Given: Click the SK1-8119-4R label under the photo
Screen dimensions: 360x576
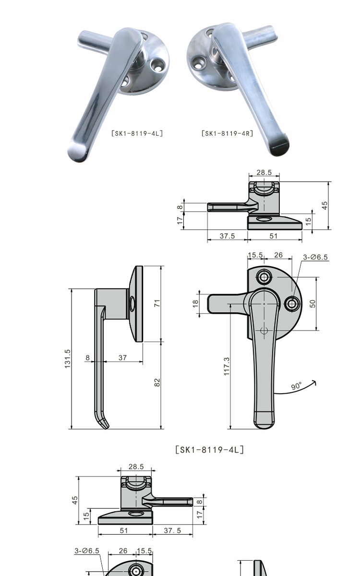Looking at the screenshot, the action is pos(227,133).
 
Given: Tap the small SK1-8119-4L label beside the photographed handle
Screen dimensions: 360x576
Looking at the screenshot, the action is pos(137,133).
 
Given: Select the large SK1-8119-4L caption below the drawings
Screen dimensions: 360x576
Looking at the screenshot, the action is pos(209,450).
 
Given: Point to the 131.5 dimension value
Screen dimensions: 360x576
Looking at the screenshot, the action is pos(67,359).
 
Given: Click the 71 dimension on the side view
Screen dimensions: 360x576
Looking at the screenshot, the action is pos(157,303).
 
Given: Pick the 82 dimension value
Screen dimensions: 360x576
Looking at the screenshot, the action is pos(157,382).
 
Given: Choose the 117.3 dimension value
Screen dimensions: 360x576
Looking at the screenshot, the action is pos(227,366).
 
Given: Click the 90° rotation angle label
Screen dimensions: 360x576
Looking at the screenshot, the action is pos(297,386).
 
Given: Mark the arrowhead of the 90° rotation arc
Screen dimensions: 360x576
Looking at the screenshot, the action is pos(314,383).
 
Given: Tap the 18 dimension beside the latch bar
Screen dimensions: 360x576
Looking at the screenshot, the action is pos(195,304).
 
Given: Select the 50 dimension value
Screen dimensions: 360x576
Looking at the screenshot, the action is pos(312,304).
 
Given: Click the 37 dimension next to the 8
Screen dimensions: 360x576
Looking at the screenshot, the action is pos(122,358).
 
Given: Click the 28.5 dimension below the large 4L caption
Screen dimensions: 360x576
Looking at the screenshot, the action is pos(136,467).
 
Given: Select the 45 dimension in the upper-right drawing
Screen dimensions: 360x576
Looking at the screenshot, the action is pos(325,205).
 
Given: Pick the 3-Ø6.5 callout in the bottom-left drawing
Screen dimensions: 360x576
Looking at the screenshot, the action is pos(87,551).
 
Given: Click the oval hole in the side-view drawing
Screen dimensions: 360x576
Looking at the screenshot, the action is pos(132,304).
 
